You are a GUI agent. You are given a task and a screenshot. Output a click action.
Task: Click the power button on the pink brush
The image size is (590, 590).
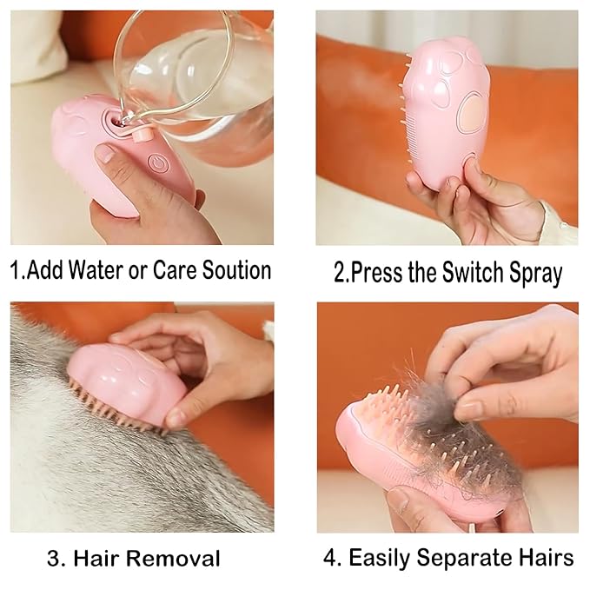[x=157, y=162]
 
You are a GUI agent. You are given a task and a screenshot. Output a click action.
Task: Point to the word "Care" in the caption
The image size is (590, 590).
[x=172, y=269]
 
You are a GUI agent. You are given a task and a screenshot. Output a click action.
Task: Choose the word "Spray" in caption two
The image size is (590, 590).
[x=530, y=273]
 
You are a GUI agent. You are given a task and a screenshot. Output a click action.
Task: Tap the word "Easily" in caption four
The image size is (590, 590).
[x=378, y=557]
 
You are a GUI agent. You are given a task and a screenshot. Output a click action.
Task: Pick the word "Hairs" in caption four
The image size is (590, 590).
[x=544, y=557]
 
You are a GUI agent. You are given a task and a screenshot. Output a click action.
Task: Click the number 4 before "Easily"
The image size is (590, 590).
[x=330, y=557]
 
